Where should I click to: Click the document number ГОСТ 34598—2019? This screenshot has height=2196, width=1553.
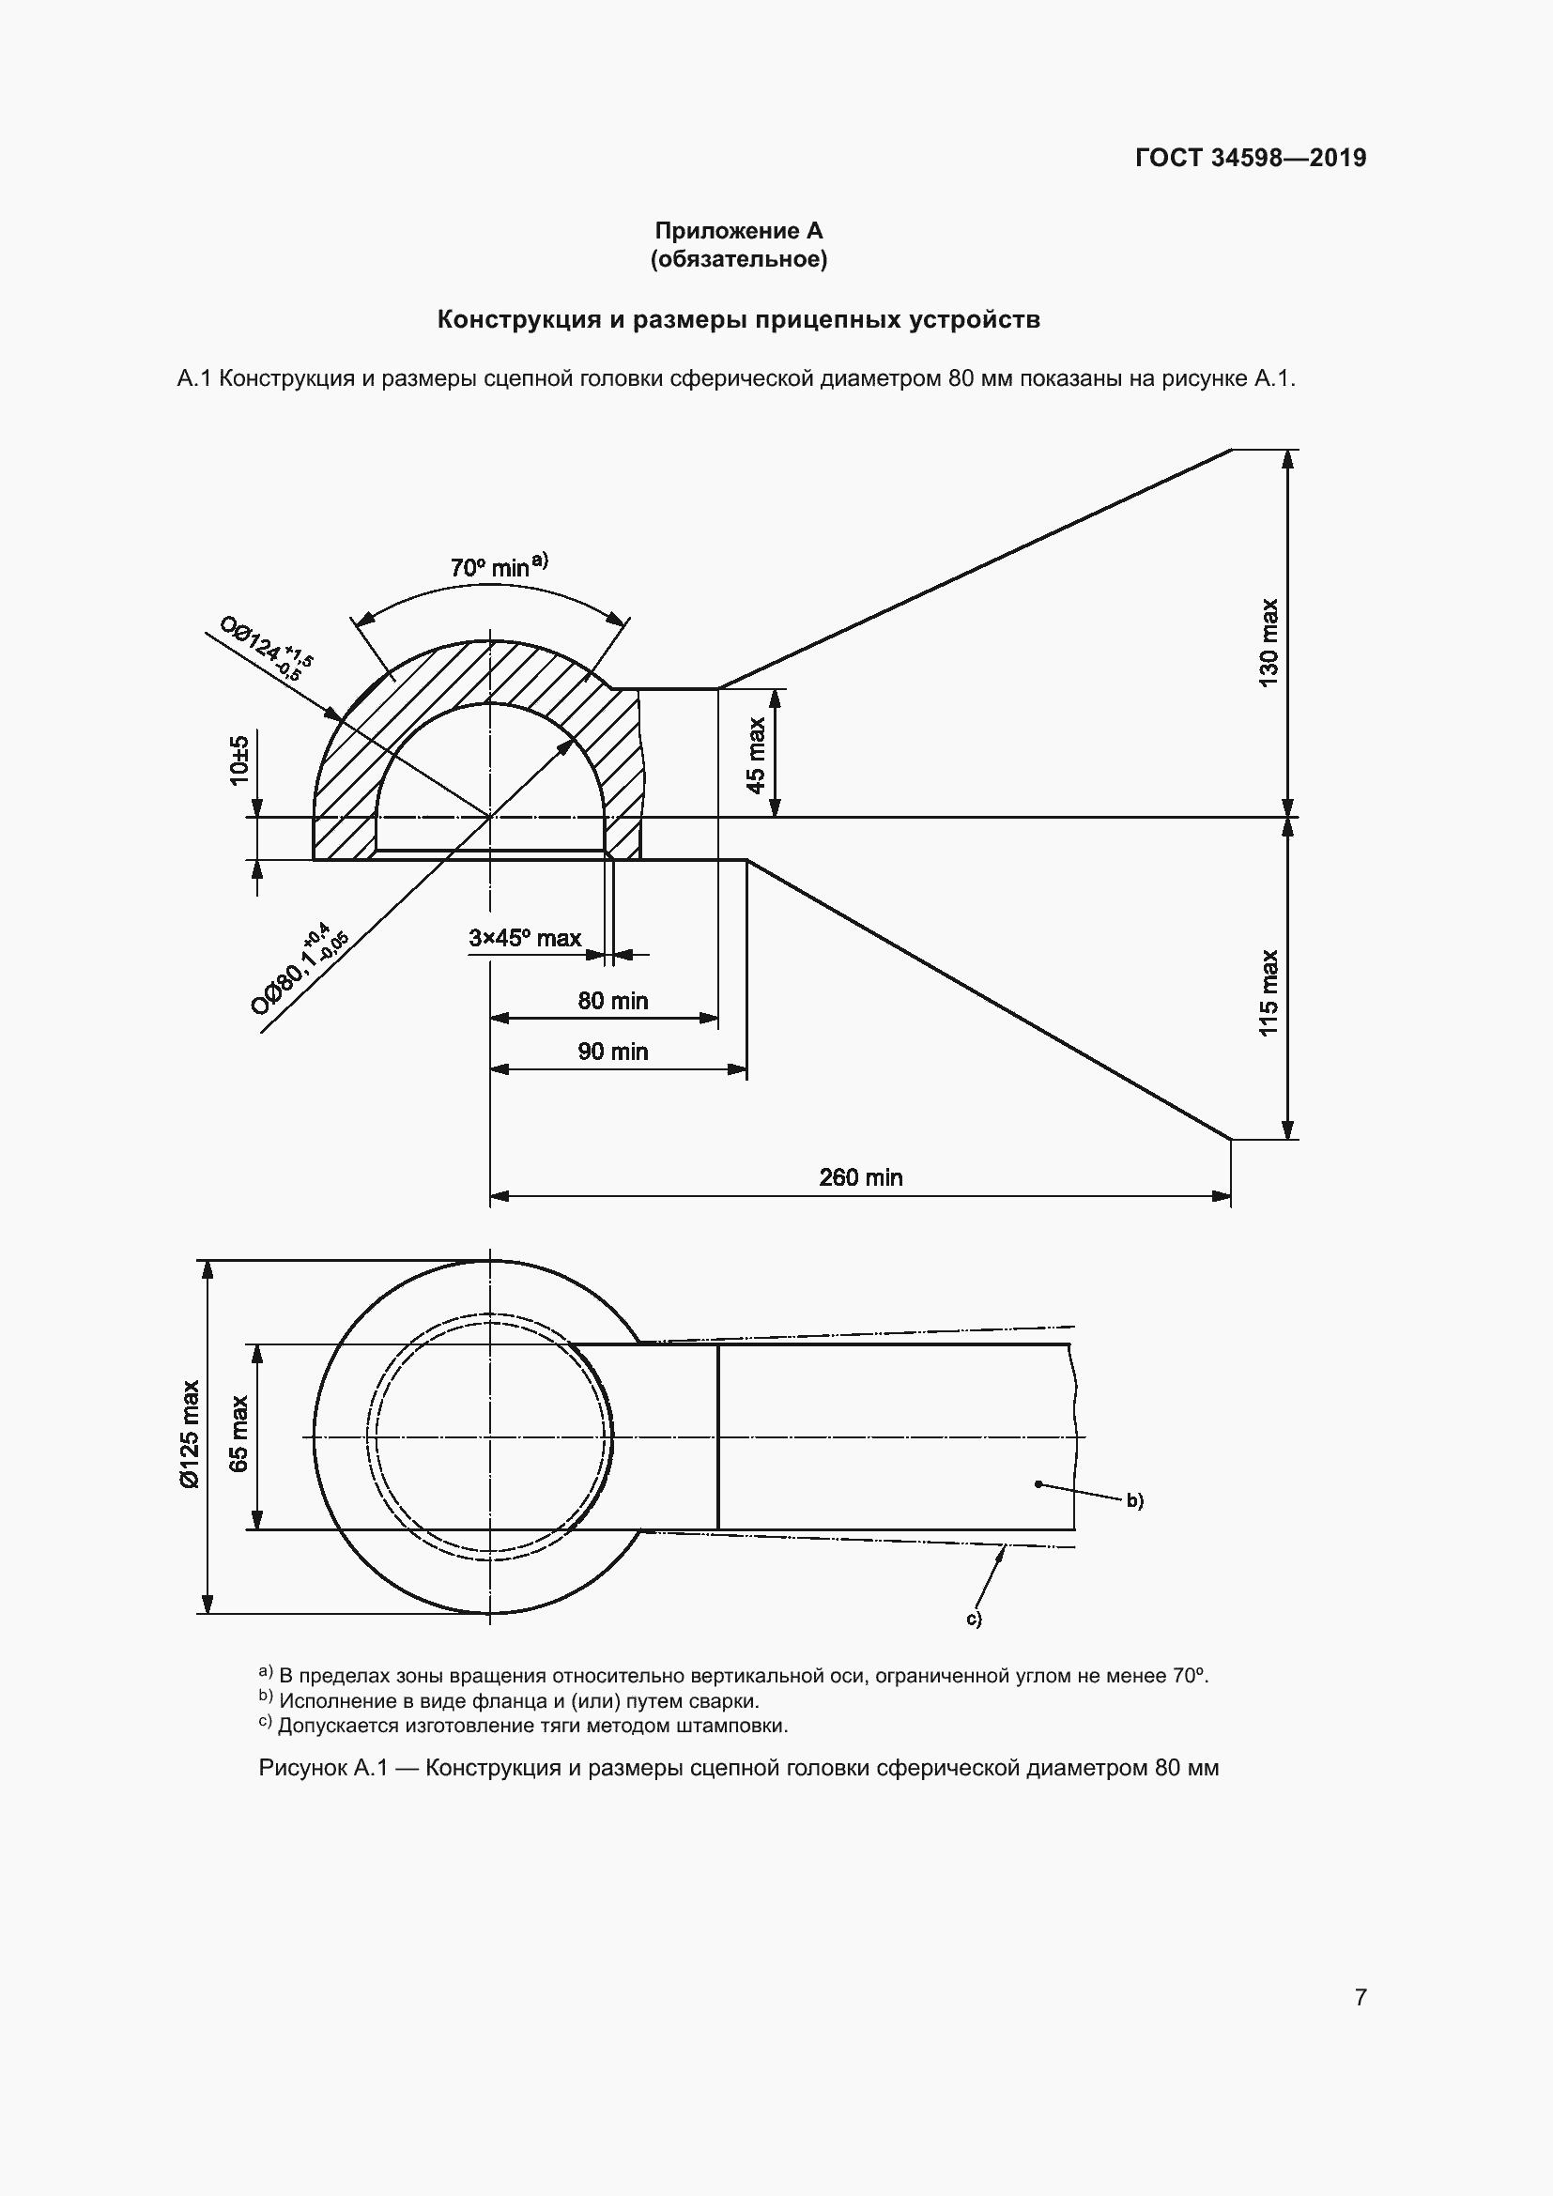1251,158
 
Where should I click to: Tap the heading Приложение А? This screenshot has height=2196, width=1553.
738,231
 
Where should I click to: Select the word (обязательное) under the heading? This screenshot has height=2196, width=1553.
738,259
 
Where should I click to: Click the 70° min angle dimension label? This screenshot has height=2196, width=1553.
498,566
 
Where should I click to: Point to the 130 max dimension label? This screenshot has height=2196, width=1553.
1268,643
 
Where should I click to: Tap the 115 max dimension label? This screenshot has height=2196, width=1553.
1268,991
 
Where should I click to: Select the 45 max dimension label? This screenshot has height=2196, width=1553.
756,755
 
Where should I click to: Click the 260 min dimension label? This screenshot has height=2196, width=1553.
861,1177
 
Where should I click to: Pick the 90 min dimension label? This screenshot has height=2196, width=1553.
613,1052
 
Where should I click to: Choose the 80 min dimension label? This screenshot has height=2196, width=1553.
613,1001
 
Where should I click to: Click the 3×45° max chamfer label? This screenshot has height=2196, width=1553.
525,937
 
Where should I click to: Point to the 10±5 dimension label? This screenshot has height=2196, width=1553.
239,760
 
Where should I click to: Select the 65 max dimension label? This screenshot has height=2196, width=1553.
238,1434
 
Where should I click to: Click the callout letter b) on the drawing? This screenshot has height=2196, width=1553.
1134,1500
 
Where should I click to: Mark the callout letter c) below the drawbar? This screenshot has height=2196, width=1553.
974,1619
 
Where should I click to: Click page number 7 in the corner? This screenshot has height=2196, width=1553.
1361,1997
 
